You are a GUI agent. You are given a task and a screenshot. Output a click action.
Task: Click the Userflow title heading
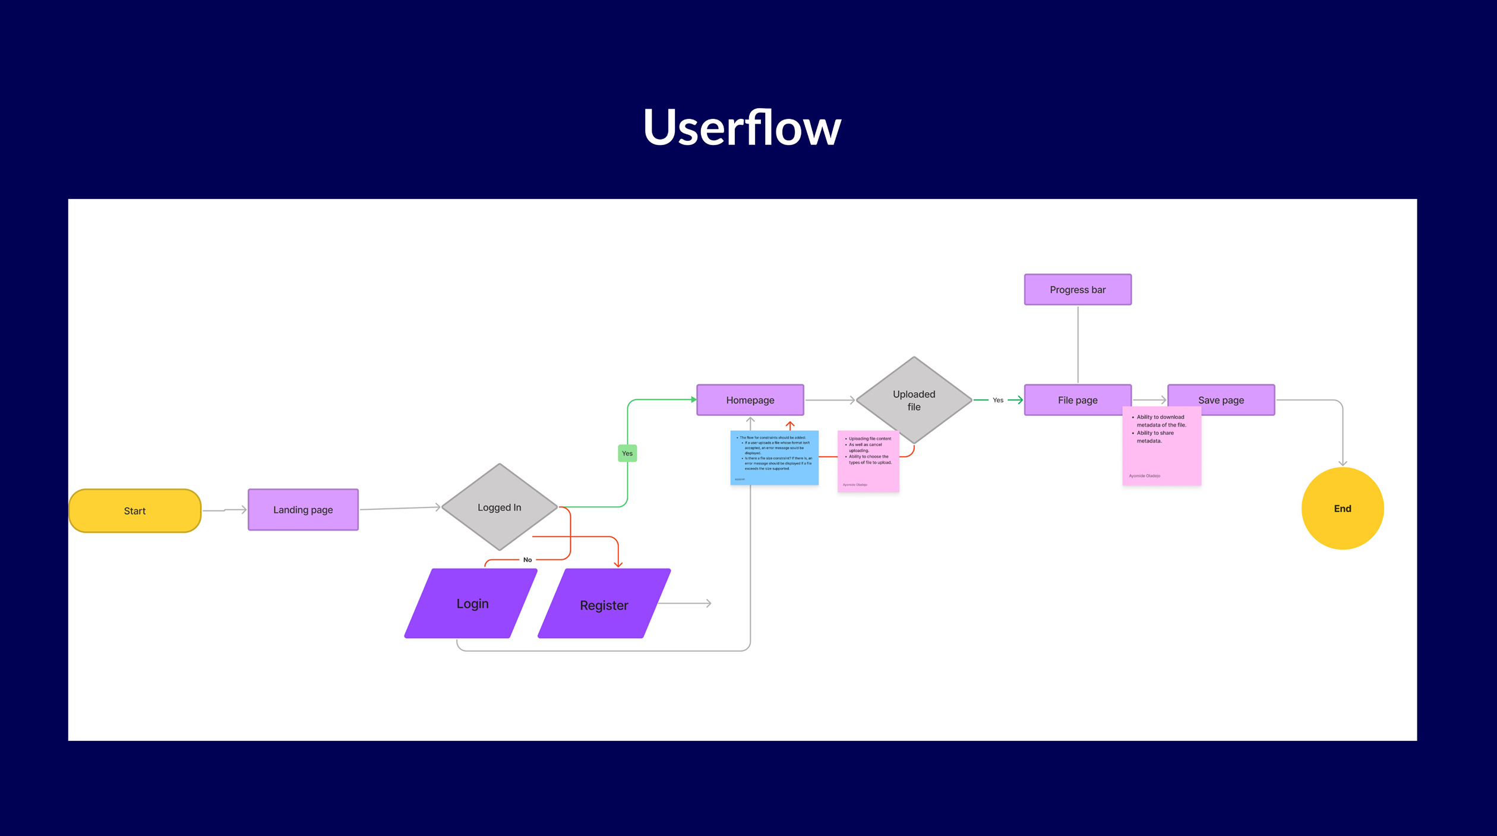(742, 128)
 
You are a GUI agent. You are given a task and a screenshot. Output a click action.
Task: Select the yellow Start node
(135, 511)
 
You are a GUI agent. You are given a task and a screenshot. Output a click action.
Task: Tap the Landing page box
(303, 510)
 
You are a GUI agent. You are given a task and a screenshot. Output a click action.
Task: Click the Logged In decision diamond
(500, 507)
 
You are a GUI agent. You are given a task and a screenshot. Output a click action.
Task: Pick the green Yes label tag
(627, 453)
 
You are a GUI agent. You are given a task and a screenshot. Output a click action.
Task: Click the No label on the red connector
(528, 560)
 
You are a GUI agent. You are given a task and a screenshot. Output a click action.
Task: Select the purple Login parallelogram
(472, 604)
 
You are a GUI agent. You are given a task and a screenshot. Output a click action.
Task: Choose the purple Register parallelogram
(604, 605)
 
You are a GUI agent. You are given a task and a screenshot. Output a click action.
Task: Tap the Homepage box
(750, 400)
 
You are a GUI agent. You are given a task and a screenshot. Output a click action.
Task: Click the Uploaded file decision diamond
(914, 400)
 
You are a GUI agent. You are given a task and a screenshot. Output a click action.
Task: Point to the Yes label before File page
(998, 400)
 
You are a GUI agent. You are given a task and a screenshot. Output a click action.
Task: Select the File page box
(1078, 400)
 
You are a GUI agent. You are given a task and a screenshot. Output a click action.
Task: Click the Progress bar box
(1078, 290)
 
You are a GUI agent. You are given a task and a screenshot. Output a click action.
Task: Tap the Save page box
(1221, 400)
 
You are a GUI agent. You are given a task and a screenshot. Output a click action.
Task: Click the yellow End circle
(1343, 509)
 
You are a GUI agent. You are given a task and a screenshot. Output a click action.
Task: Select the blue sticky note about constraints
(774, 458)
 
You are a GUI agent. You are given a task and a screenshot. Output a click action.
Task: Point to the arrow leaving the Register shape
(686, 603)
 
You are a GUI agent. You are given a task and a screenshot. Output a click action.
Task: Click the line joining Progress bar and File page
(1078, 345)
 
